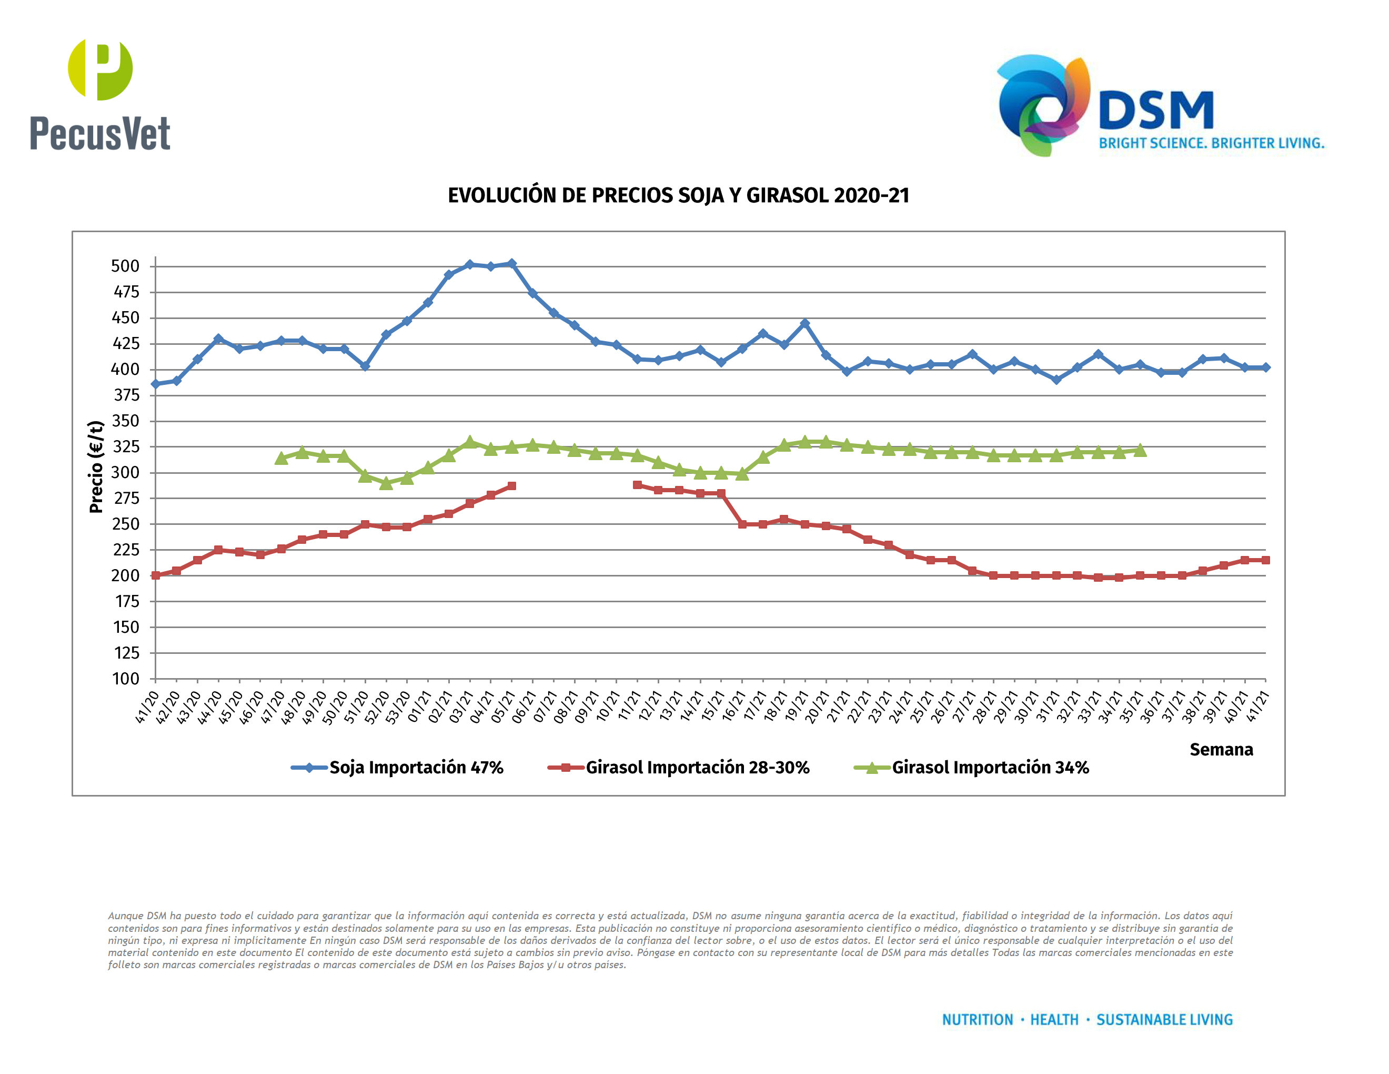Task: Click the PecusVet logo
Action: coord(100,95)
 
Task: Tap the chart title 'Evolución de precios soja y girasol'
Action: coord(678,195)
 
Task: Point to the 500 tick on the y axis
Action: coord(125,266)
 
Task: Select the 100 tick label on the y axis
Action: coord(126,679)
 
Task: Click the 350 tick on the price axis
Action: coord(125,421)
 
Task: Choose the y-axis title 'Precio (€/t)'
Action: coord(96,466)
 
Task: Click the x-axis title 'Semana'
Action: coord(1221,750)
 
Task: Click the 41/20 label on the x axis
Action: coord(147,708)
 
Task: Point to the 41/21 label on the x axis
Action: coord(1257,708)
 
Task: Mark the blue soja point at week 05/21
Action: coord(511,263)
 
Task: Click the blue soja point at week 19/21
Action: coord(804,323)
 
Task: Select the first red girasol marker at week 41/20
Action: coord(156,575)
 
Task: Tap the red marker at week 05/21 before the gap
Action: coord(511,486)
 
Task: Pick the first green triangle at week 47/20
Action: coord(281,458)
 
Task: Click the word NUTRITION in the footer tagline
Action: coord(977,1019)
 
